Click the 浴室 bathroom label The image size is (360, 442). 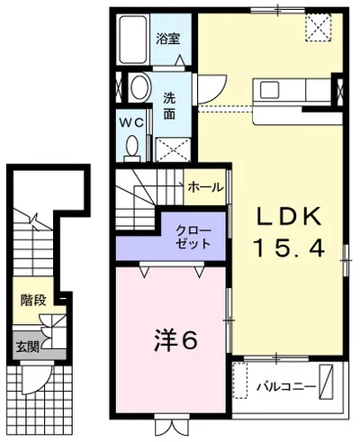tap(167, 39)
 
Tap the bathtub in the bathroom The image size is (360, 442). tap(133, 40)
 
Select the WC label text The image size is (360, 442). tap(131, 122)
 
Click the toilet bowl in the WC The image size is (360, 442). tap(132, 147)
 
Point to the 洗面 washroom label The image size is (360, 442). tap(169, 106)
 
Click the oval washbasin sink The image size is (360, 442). tap(140, 87)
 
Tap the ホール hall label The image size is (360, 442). tap(206, 187)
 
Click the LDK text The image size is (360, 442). tap(289, 216)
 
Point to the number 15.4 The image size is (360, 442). tap(289, 248)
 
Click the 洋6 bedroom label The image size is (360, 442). tap(175, 341)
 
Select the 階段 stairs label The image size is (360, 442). tap(33, 300)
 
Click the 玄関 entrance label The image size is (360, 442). tap(27, 347)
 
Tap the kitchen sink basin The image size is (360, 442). tap(269, 90)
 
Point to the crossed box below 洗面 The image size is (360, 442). tap(173, 149)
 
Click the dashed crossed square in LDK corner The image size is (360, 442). tap(319, 27)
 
